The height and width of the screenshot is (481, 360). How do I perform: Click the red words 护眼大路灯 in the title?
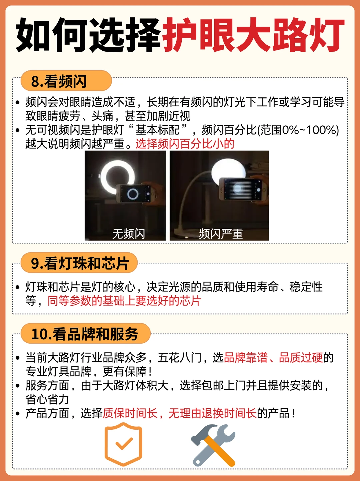pyautogui.click(x=253, y=35)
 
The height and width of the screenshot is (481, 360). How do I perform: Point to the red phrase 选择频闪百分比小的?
pyautogui.click(x=185, y=144)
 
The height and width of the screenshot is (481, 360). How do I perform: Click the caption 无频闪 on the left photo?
pyautogui.click(x=129, y=234)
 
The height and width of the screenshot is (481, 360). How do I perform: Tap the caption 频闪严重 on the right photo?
pyautogui.click(x=221, y=234)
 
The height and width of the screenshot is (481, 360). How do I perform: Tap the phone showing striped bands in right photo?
pyautogui.click(x=243, y=189)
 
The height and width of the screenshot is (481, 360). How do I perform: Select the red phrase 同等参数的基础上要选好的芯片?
pyautogui.click(x=124, y=301)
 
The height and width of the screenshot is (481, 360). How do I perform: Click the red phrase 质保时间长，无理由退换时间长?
pyautogui.click(x=180, y=413)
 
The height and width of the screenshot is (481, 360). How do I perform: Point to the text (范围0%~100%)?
pyautogui.click(x=298, y=130)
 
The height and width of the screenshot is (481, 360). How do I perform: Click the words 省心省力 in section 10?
pyautogui.click(x=47, y=399)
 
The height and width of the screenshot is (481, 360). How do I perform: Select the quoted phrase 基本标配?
pyautogui.click(x=158, y=130)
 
